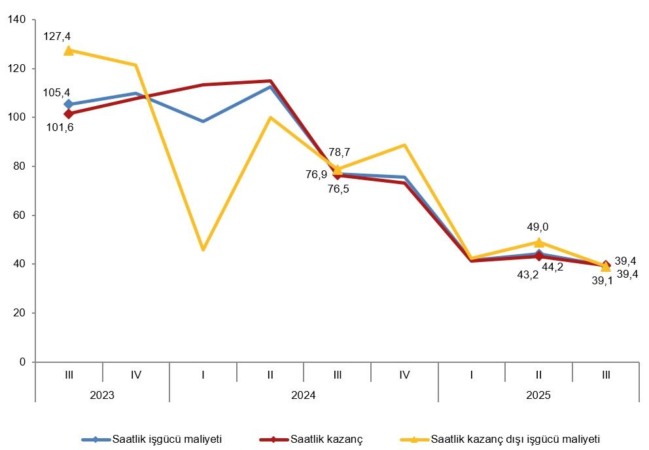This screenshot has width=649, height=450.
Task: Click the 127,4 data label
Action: (x=57, y=36)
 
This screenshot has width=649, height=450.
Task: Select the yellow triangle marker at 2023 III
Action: (x=69, y=50)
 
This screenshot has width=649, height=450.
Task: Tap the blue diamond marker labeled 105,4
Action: (x=69, y=104)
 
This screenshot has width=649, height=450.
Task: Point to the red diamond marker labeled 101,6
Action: (x=69, y=114)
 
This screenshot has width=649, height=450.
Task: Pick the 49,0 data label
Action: (x=538, y=227)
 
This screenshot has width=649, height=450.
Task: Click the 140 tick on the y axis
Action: (x=17, y=20)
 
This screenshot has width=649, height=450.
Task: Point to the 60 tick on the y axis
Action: (x=20, y=216)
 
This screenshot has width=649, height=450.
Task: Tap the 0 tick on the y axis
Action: (x=22, y=362)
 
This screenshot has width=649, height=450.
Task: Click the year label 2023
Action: (x=102, y=396)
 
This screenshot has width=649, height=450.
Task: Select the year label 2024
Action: (x=304, y=396)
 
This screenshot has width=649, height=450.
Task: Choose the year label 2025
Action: (x=538, y=396)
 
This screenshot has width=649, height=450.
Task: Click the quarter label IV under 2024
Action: (x=404, y=375)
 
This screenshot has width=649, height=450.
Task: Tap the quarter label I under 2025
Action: (x=472, y=375)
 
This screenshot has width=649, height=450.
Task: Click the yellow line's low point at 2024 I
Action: (x=203, y=250)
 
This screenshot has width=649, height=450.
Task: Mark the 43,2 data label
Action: (x=527, y=275)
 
